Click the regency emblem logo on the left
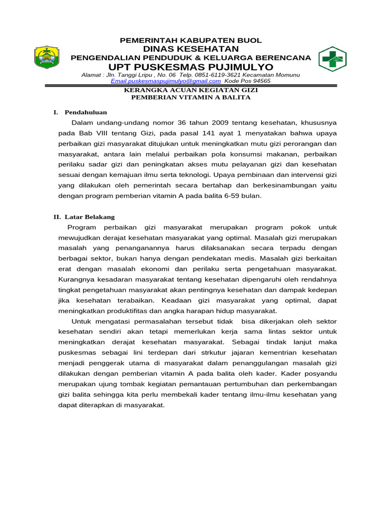[46, 57]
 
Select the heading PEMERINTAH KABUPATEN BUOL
[191, 40]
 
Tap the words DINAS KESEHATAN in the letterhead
[191, 49]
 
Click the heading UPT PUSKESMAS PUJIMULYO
[191, 67]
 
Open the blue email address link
[166, 81]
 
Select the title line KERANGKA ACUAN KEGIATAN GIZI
[191, 90]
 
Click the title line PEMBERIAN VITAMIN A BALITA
[191, 97]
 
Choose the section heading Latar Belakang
[90, 217]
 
